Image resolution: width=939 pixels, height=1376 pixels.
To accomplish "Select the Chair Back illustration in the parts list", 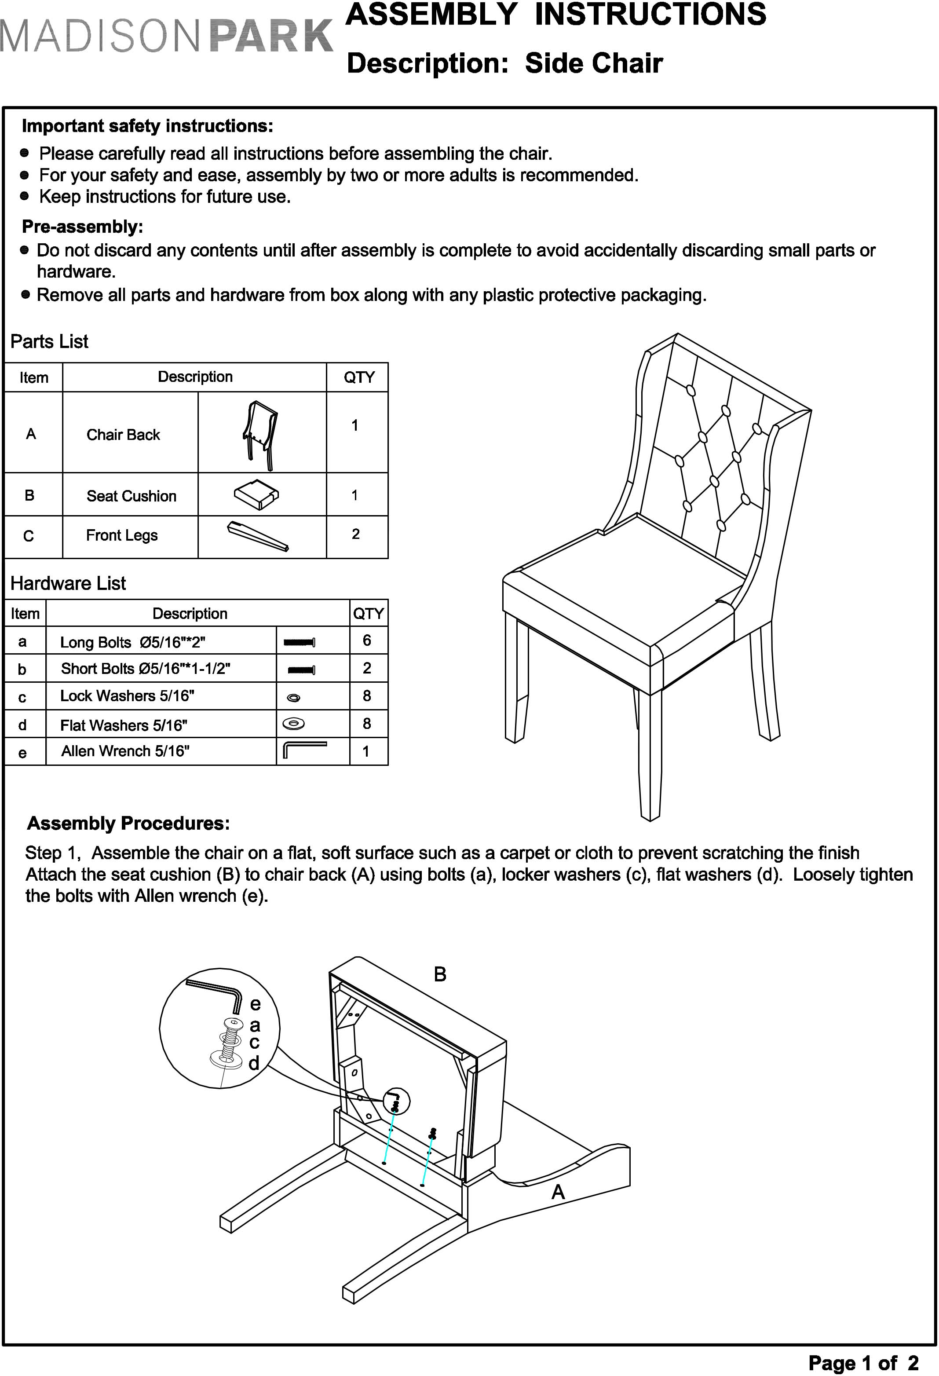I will point(260,434).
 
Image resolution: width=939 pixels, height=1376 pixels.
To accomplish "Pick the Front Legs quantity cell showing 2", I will point(356,534).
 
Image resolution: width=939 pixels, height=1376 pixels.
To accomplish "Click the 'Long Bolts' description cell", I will point(133,642).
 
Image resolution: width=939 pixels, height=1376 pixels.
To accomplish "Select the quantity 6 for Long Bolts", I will point(367,640).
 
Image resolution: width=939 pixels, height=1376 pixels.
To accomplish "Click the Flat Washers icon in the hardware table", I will point(294,724).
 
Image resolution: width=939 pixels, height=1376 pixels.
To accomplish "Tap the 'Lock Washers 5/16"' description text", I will point(127,695).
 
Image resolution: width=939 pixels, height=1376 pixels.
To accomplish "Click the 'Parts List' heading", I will point(49,342).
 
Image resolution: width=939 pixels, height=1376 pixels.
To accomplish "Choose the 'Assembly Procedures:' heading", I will point(128,823).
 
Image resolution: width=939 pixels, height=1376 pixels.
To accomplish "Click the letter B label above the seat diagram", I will point(440,974).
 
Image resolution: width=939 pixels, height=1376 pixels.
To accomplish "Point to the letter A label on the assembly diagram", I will point(558,1192).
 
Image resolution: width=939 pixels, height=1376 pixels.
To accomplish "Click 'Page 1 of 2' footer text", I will point(863,1362).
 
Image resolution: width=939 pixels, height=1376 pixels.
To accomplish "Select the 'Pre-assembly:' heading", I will point(83,227).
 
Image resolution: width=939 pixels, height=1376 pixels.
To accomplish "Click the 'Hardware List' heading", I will point(68,584).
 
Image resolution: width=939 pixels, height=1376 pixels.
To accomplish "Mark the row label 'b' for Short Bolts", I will point(22,670).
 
